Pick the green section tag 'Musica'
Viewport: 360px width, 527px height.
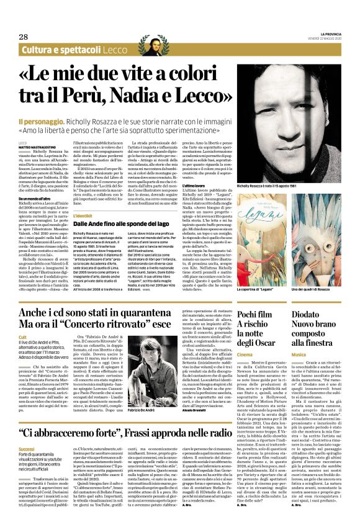click(299, 354)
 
